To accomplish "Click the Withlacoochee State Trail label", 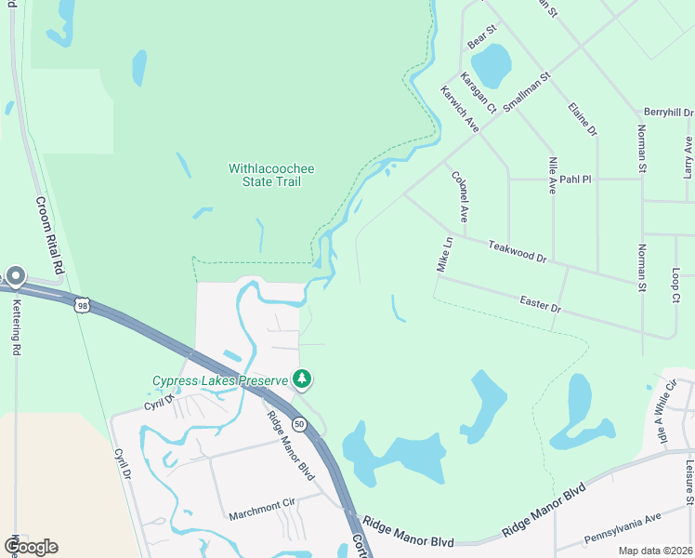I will click(271, 175).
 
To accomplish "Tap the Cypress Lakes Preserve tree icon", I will click(301, 379).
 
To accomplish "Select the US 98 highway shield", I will click(82, 304).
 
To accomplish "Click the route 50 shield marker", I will click(299, 424).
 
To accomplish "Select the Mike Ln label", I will click(444, 254).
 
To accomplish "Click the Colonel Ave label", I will click(459, 196).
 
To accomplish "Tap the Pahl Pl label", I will click(575, 179).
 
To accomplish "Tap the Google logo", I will click(31, 546).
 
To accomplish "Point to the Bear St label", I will click(483, 37).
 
